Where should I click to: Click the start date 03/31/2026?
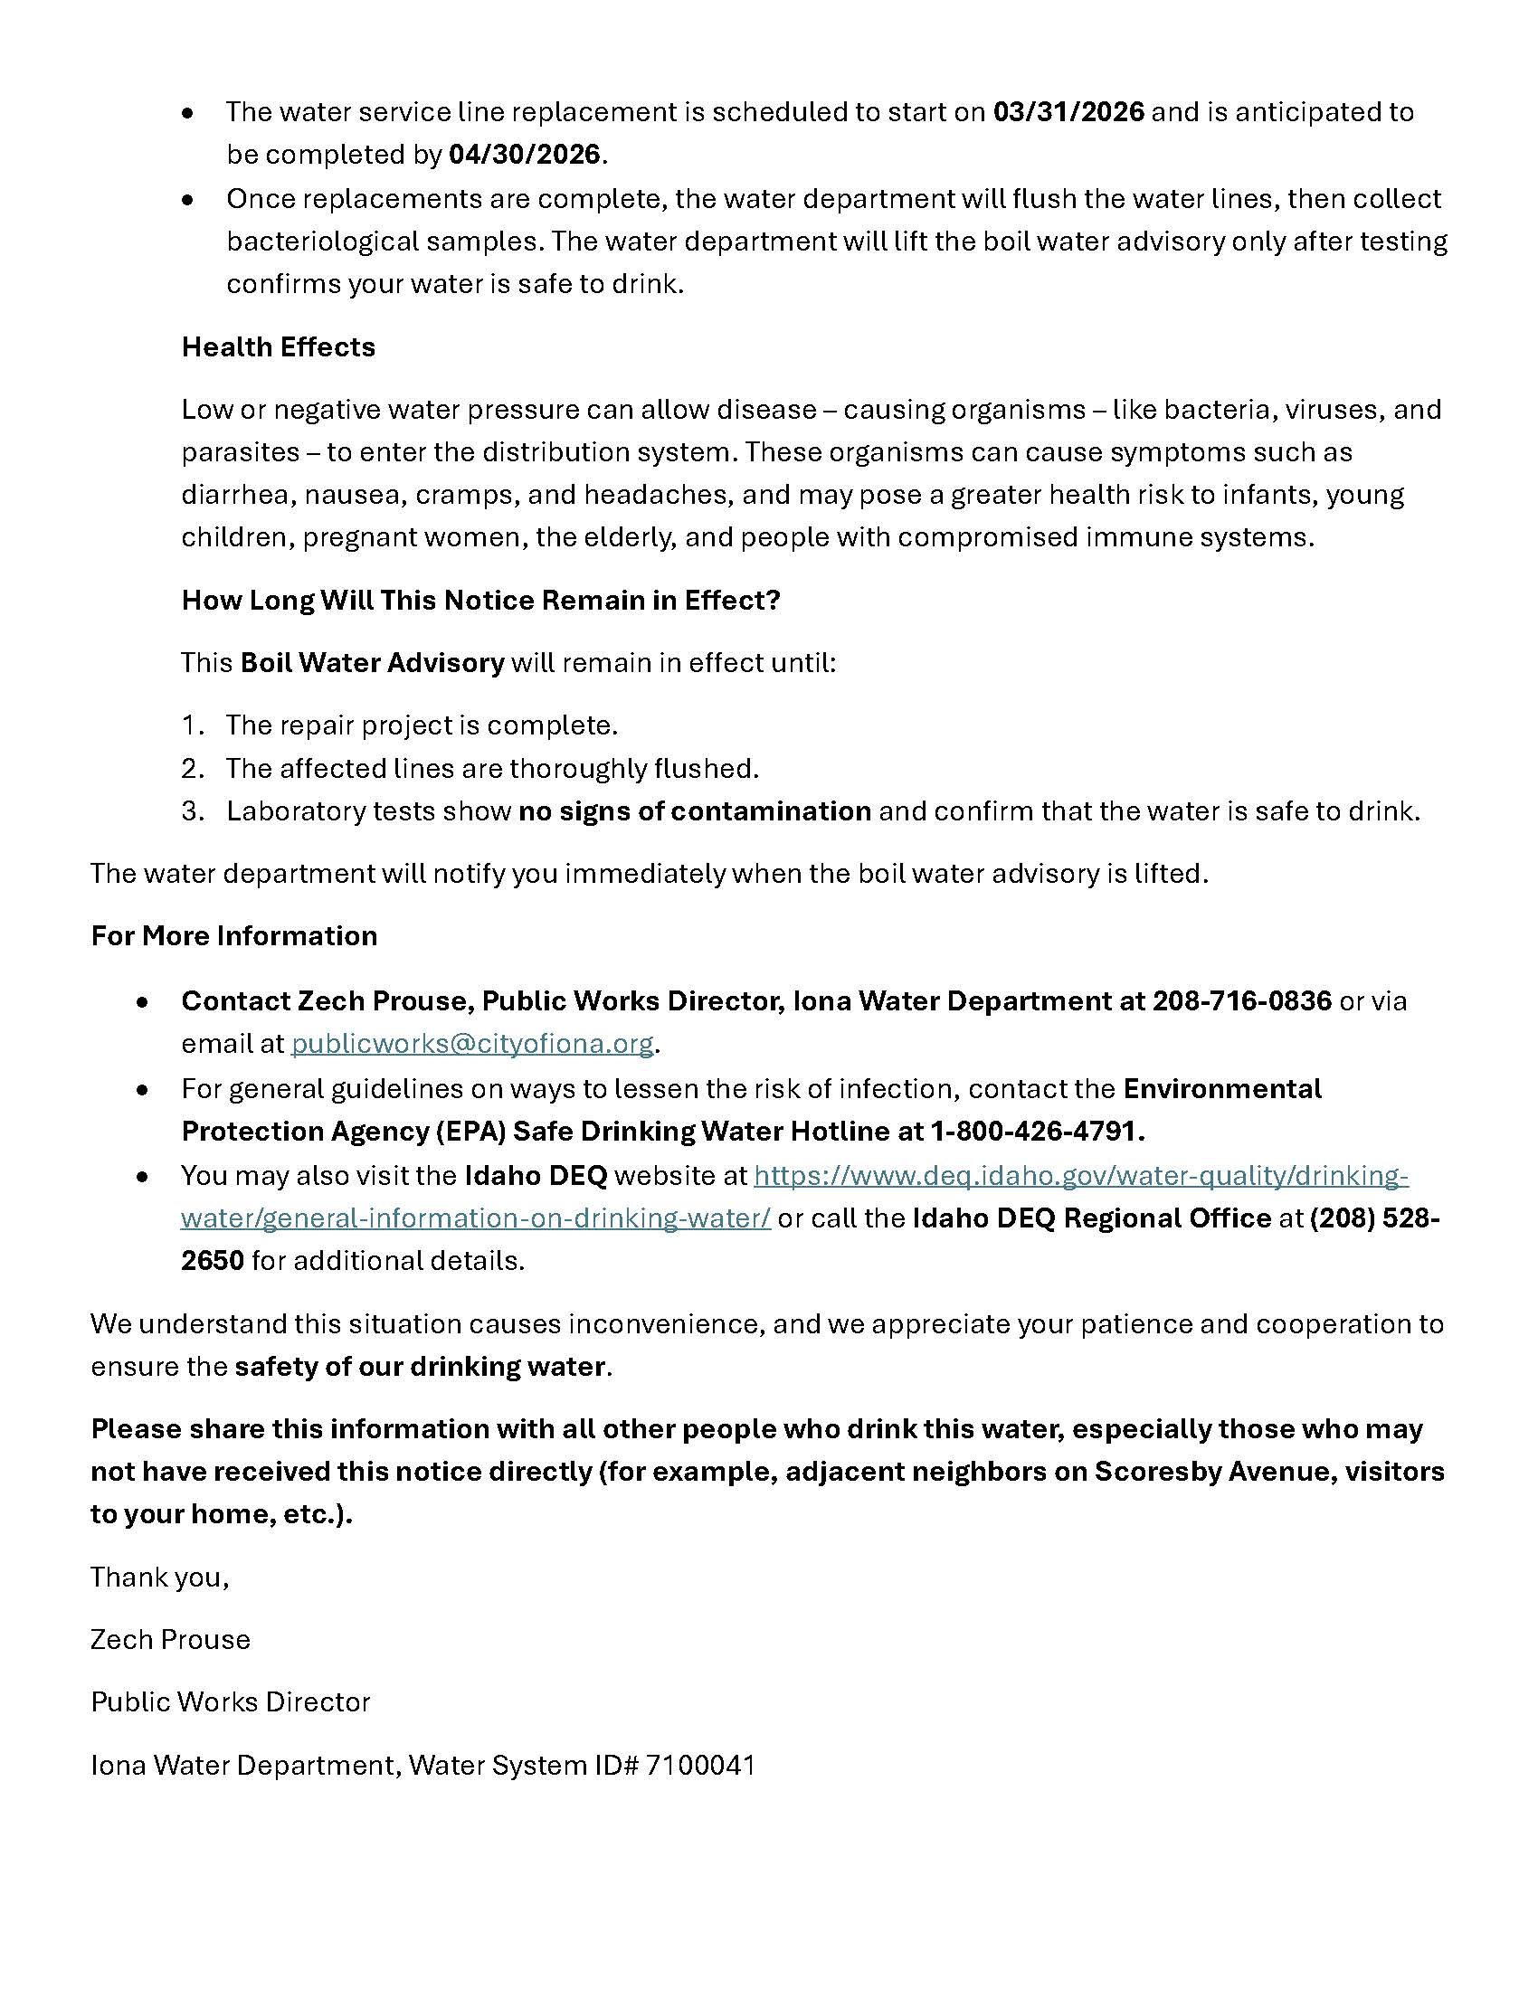(x=1068, y=112)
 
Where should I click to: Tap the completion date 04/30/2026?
(x=524, y=155)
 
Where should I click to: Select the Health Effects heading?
(x=278, y=347)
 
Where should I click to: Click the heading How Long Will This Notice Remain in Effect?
(x=481, y=601)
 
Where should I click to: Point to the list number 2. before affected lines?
(x=192, y=769)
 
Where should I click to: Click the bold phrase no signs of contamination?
(x=694, y=811)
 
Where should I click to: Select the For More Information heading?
(x=234, y=936)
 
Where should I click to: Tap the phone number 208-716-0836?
(x=1242, y=1000)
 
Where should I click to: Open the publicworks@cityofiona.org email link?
(x=472, y=1043)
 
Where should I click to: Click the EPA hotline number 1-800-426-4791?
(x=1036, y=1131)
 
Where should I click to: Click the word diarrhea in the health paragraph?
(x=235, y=495)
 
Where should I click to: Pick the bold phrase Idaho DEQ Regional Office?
(x=1092, y=1218)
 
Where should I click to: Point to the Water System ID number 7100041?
(x=699, y=1765)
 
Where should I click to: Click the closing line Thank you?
(x=159, y=1577)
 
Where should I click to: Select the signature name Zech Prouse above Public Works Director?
(x=170, y=1639)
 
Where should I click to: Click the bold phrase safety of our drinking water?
(x=420, y=1367)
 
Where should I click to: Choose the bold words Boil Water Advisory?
(x=372, y=662)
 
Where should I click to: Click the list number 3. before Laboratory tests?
(x=192, y=811)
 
